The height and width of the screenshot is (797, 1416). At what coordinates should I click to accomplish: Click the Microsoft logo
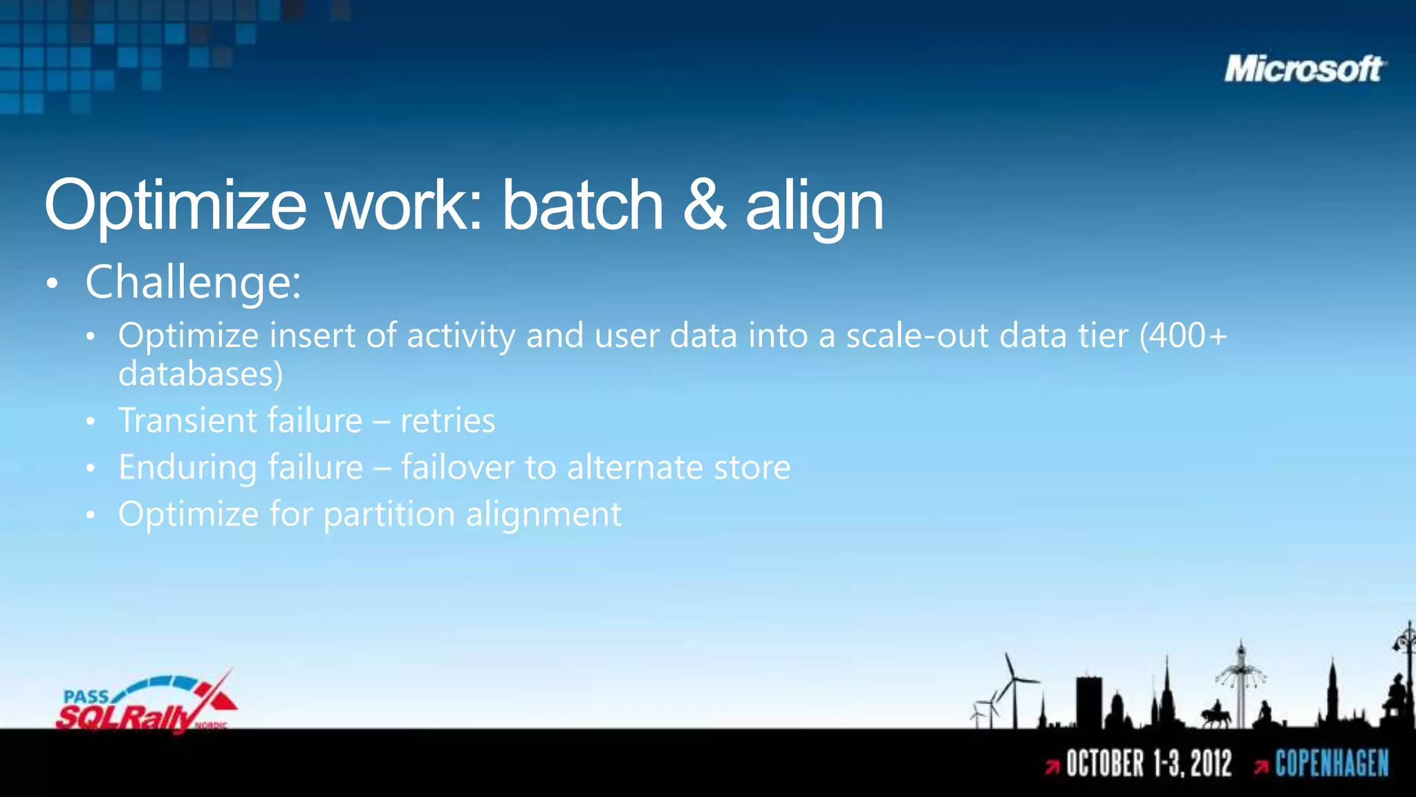point(1304,69)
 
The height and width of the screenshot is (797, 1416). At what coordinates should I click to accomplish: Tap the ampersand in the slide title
point(705,205)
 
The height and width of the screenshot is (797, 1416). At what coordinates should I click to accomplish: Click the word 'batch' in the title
point(582,205)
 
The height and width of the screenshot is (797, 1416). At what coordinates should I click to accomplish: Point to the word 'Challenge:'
point(193,282)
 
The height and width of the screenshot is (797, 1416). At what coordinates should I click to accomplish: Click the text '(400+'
point(1183,336)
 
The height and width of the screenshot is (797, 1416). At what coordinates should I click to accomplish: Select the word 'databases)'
point(201,374)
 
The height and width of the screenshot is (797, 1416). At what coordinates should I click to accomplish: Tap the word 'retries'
point(448,421)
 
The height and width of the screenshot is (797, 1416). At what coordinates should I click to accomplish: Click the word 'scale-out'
point(917,336)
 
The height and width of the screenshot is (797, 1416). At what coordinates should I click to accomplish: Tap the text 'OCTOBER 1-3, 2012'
point(1148,764)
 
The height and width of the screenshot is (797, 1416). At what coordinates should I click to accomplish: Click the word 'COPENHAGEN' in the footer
point(1332,764)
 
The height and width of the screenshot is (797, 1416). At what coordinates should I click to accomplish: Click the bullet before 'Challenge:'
point(53,284)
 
